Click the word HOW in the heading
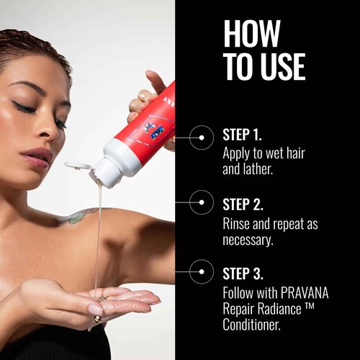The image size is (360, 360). pos(252,34)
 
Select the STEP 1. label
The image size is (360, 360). pos(242,135)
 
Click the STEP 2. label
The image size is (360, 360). pos(243,204)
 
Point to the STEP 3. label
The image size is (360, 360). pos(243,274)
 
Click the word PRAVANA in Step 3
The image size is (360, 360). pos(305,293)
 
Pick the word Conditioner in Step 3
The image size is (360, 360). pos(251,325)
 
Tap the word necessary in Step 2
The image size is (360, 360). pos(247,240)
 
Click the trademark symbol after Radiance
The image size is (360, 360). pos(309,306)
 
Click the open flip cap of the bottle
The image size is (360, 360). pos(78,166)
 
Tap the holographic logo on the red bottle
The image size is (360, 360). pos(153,130)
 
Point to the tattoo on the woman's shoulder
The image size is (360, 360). pos(79,215)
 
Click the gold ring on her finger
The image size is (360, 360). pos(98,319)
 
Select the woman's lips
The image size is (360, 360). pos(38,158)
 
